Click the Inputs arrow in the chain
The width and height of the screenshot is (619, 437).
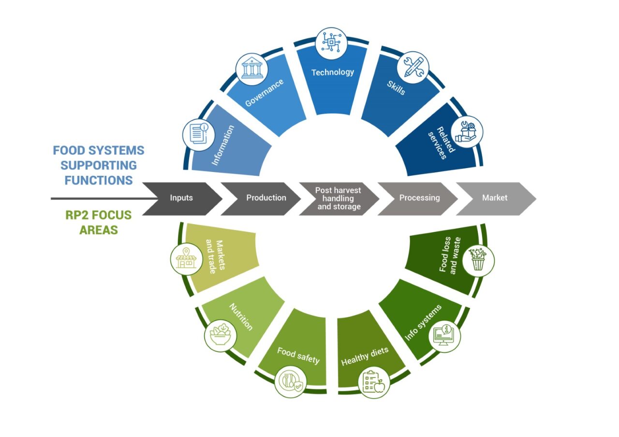[x=182, y=198]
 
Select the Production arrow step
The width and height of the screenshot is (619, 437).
[x=266, y=198]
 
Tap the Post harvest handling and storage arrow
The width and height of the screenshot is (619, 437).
[x=338, y=198]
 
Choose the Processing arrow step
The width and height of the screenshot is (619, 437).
[x=419, y=198]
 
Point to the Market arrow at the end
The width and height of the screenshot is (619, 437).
[x=495, y=198]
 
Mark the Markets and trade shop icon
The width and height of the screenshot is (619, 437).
[x=187, y=259]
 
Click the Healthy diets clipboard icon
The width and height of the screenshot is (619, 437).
[x=374, y=382]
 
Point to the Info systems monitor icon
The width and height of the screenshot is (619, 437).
[x=444, y=337]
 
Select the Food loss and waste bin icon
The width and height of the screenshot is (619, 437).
[x=478, y=260]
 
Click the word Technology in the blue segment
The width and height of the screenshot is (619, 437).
[x=333, y=72]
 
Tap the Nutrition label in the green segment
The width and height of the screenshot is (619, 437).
[x=240, y=317]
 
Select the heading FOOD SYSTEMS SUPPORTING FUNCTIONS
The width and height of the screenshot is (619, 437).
[x=99, y=165]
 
